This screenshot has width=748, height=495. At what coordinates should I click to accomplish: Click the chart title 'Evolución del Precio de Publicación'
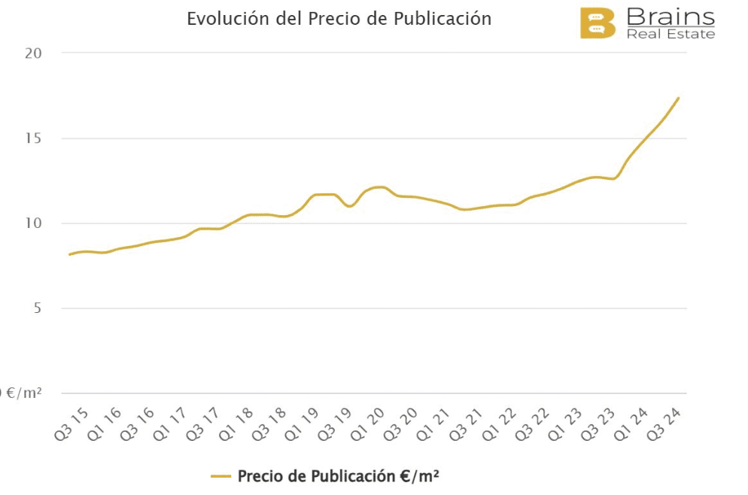339,19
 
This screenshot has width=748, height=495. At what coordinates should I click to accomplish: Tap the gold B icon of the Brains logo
597,23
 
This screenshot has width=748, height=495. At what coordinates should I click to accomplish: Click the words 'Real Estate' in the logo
670,33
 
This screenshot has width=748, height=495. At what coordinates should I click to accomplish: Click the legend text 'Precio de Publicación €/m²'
338,476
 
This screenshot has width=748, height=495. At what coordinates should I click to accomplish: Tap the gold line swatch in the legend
220,476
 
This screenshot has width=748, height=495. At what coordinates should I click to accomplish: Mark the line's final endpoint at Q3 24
679,98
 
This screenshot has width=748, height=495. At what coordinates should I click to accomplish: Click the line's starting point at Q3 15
69,254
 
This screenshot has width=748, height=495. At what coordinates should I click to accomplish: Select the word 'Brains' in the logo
670,17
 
